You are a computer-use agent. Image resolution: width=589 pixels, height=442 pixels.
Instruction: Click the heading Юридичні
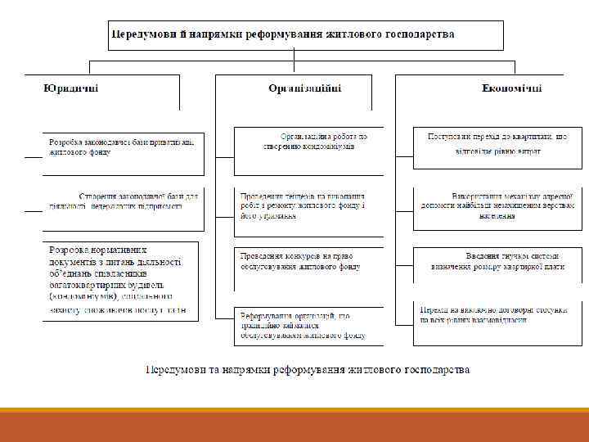(x=70, y=88)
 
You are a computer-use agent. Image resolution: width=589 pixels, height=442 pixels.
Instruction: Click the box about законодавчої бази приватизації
(x=123, y=152)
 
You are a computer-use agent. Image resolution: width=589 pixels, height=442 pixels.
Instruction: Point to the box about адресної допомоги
(x=497, y=208)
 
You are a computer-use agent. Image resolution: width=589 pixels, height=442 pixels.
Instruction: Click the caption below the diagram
(x=308, y=369)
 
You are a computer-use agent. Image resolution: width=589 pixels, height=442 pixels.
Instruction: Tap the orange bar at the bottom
(x=294, y=426)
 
